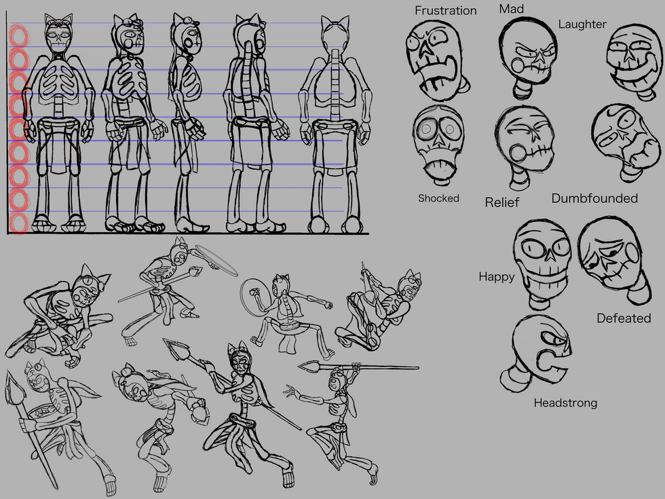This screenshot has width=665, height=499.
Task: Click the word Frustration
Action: (x=445, y=11)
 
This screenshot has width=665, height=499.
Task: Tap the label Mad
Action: (x=512, y=9)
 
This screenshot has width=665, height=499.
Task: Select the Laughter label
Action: (x=582, y=24)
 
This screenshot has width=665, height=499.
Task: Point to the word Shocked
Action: (x=438, y=198)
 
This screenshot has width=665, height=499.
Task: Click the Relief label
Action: (x=501, y=202)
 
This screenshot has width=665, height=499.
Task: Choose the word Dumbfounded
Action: (x=594, y=198)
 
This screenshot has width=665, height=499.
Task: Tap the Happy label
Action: (x=497, y=277)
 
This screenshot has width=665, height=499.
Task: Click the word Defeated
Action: (x=624, y=318)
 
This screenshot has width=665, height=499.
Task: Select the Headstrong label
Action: (x=565, y=403)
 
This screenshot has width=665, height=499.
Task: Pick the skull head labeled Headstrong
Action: (x=537, y=354)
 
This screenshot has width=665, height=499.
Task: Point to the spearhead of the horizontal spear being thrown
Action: (x=309, y=366)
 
